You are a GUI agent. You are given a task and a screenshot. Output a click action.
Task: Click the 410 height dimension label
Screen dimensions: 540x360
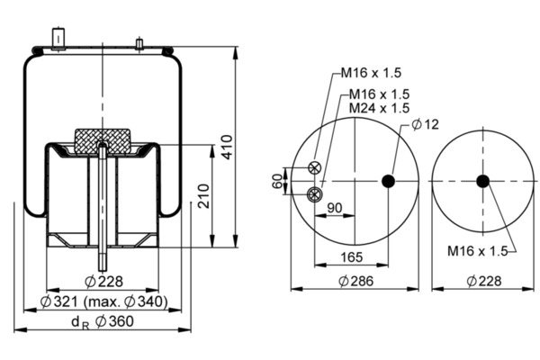[x=227, y=147]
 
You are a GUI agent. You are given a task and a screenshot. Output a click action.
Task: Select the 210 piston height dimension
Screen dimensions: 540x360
[x=203, y=196]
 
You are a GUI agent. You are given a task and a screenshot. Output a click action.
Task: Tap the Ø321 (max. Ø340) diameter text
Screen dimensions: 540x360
[x=104, y=301]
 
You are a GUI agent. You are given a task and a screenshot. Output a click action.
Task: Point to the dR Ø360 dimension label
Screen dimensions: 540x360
[x=103, y=322]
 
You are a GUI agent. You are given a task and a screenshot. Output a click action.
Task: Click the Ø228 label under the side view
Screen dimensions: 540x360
[x=103, y=282]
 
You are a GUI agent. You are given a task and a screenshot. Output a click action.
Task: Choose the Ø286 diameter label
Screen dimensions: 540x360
[x=355, y=281]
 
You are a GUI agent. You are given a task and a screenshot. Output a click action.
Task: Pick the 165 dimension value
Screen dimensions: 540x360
[x=352, y=257]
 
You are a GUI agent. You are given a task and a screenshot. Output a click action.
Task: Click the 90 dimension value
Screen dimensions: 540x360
[x=335, y=208]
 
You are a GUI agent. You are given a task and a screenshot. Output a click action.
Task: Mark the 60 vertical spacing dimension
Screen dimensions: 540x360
[x=277, y=181]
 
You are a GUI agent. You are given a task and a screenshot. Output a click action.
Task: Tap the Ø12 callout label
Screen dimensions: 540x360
[x=426, y=124]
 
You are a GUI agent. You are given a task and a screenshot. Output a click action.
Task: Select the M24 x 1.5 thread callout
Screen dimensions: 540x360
[x=379, y=108]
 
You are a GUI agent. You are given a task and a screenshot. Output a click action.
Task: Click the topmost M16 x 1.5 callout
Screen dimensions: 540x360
[x=371, y=73]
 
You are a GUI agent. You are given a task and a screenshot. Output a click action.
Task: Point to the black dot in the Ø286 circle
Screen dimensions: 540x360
[x=388, y=181]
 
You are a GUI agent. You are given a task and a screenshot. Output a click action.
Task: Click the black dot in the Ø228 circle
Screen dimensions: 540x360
[x=482, y=181]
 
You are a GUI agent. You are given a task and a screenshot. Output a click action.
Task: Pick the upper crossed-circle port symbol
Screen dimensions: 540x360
[x=314, y=167]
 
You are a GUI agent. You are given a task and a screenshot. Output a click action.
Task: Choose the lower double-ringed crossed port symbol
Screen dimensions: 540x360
[x=314, y=194]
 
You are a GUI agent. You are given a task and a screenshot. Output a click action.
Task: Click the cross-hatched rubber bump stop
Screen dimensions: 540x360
[x=103, y=141]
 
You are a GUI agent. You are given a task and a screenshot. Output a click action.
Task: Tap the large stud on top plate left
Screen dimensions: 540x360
[x=58, y=40]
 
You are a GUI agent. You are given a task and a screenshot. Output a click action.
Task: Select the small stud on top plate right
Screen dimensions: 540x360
[x=139, y=45]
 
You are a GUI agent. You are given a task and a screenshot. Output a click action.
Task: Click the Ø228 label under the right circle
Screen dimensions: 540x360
[x=484, y=281]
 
